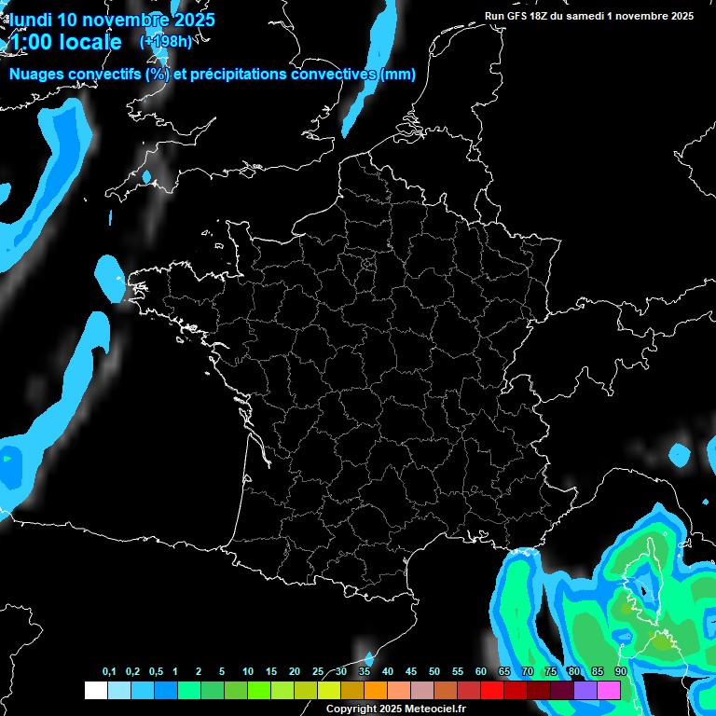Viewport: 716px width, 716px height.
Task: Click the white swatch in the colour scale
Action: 95,690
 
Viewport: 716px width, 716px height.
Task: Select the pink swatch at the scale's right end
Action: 609,690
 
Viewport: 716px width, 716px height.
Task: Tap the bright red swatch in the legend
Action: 492,690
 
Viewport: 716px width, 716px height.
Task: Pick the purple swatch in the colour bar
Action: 585,690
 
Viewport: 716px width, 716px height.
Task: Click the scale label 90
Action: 620,672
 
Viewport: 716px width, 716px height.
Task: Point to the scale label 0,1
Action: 109,672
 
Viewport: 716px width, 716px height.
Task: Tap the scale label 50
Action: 434,672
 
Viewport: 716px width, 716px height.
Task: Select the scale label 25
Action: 318,672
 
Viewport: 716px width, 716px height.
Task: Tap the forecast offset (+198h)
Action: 165,42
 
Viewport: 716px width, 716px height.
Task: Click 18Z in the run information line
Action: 546,16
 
